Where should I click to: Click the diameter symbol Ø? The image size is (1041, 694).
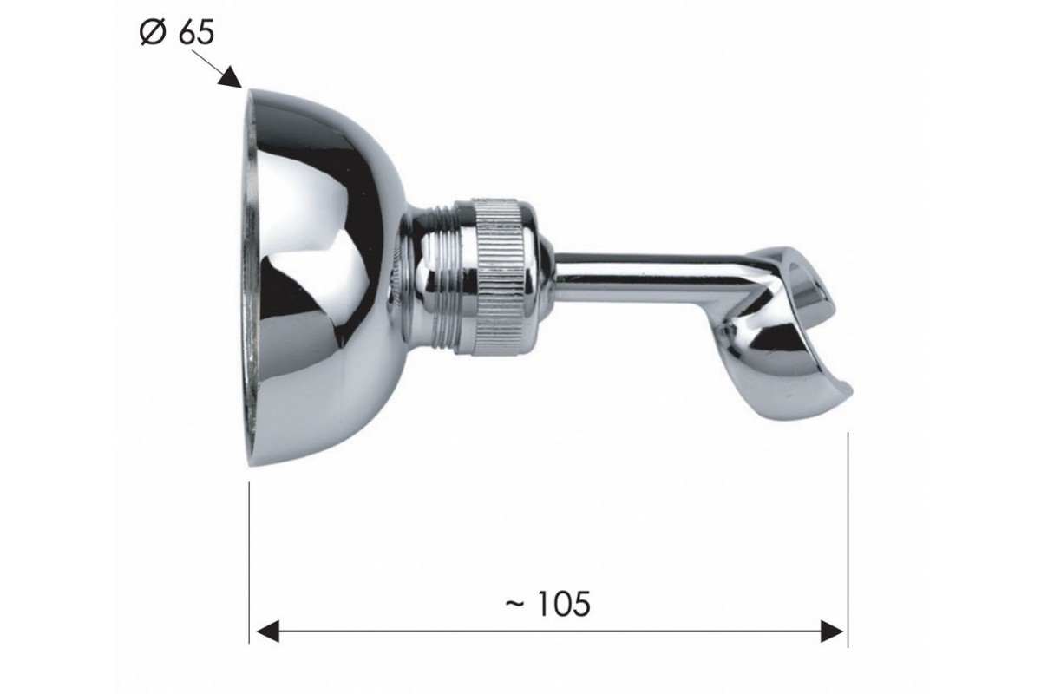coord(153,33)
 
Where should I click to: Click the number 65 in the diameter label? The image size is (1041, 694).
coord(195,33)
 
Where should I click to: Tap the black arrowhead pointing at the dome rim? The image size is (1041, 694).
coord(231,76)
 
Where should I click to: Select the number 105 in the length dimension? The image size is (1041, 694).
coord(563,605)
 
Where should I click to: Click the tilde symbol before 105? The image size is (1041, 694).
coord(515,604)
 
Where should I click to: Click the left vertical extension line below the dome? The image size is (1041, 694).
coord(250,563)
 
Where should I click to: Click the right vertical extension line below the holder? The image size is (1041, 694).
coord(848,540)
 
